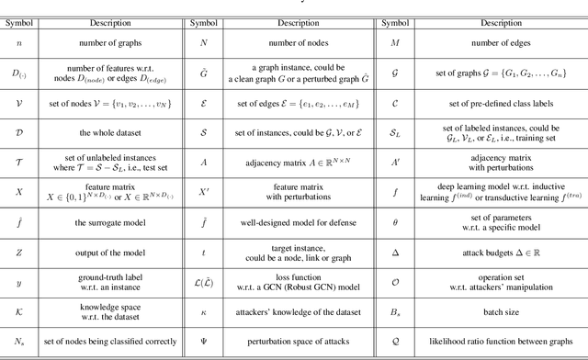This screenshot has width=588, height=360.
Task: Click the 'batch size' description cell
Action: pyautogui.click(x=496, y=309)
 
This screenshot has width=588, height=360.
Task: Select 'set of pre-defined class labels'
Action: pyautogui.click(x=496, y=100)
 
